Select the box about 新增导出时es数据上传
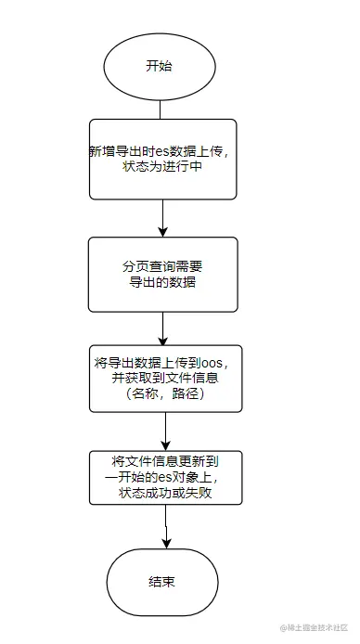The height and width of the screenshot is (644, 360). pyautogui.click(x=162, y=158)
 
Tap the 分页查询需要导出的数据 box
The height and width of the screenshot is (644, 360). pyautogui.click(x=162, y=274)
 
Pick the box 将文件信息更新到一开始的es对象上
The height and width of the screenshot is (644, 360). pyautogui.click(x=165, y=477)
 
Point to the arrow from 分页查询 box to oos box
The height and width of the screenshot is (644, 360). pyautogui.click(x=162, y=327)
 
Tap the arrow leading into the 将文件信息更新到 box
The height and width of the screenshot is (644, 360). pyautogui.click(x=165, y=431)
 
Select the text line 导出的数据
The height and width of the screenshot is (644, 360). pyautogui.click(x=163, y=282)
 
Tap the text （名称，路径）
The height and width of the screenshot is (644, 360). pyautogui.click(x=164, y=393)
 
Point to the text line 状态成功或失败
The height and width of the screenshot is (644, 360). pyautogui.click(x=165, y=493)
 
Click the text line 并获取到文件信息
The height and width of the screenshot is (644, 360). pyautogui.click(x=164, y=377)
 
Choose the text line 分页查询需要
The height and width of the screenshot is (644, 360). pyautogui.click(x=163, y=265)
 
